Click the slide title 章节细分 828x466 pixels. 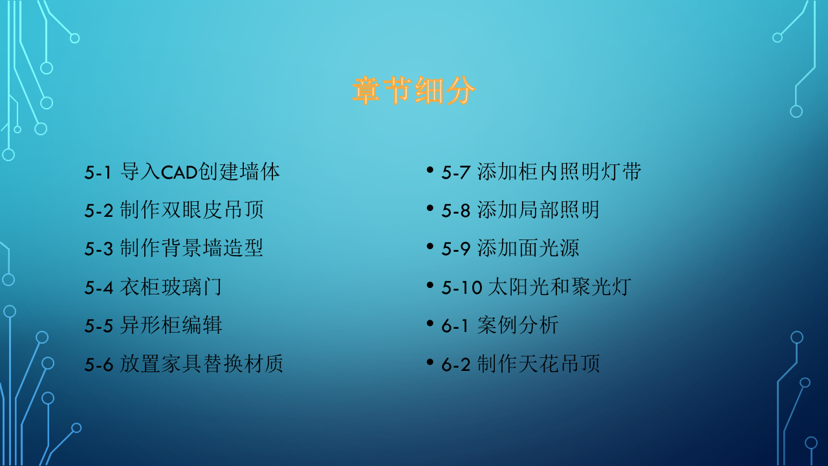[x=414, y=91]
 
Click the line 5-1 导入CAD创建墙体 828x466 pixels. [x=182, y=172]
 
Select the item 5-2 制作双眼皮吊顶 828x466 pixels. [x=174, y=210]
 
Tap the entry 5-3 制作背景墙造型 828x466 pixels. [x=174, y=249]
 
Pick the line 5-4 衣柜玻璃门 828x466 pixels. [x=153, y=287]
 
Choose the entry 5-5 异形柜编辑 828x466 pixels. [x=153, y=325]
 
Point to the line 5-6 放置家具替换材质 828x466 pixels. [x=184, y=364]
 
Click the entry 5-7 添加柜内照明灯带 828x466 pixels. [x=541, y=172]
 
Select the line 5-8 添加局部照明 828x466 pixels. [x=521, y=210]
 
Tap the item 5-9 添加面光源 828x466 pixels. [x=510, y=249]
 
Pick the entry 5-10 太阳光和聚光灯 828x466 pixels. [x=536, y=287]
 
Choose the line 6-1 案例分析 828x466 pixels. [x=500, y=325]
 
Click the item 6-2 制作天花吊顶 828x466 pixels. [x=521, y=364]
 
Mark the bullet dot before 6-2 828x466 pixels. [x=430, y=361]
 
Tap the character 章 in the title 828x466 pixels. [x=367, y=91]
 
